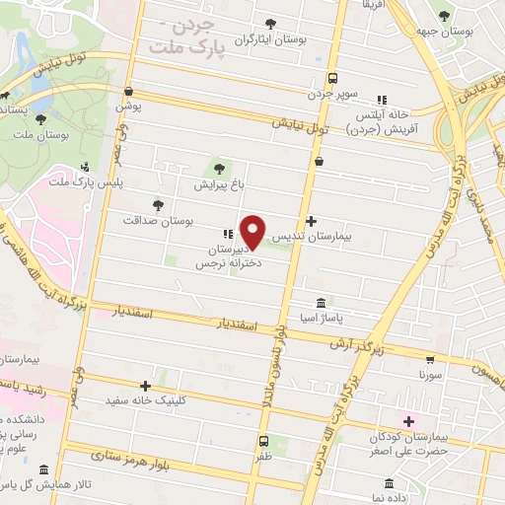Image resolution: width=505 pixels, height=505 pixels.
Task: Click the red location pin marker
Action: (x=253, y=232)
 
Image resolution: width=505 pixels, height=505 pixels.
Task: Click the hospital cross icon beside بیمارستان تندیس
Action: (x=312, y=221)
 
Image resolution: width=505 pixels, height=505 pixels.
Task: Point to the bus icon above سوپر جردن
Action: (x=332, y=77)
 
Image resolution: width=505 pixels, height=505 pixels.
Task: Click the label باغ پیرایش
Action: (x=217, y=184)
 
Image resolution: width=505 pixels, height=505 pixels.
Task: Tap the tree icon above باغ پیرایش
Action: (x=217, y=168)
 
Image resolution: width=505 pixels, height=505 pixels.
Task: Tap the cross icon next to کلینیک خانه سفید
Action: (x=145, y=386)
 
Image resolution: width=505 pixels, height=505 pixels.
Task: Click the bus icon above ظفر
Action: (x=263, y=441)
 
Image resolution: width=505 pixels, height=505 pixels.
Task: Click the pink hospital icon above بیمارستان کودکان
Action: (x=408, y=420)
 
